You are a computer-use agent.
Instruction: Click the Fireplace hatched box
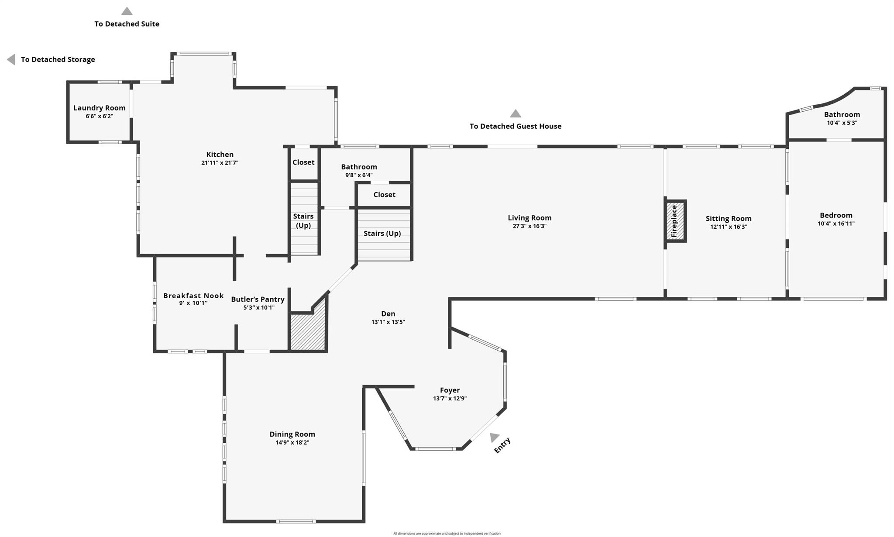[x=675, y=221]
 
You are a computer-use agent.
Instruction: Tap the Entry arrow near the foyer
[x=494, y=437]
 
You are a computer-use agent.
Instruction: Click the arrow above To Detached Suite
[x=127, y=11]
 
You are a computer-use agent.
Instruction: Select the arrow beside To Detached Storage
[x=11, y=59]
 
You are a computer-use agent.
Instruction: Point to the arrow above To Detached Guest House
[x=516, y=114]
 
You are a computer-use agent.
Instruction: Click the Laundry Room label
[x=100, y=108]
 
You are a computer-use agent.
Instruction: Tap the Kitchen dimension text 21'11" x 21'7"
[x=220, y=163]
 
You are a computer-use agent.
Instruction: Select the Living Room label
[x=530, y=218]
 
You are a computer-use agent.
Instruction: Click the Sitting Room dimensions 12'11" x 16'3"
[x=728, y=227]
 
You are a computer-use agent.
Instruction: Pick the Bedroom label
[x=836, y=215]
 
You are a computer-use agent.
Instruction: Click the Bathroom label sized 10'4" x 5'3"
[x=842, y=115]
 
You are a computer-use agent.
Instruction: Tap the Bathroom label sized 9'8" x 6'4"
[x=359, y=167]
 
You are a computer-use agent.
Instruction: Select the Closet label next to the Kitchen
[x=303, y=162]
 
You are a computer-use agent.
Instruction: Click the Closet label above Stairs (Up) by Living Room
[x=384, y=195]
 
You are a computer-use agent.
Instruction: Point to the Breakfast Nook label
[x=193, y=296]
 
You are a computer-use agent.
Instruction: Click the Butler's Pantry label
[x=258, y=299]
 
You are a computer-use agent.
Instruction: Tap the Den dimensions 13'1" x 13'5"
[x=388, y=322]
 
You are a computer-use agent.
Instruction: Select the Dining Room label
[x=292, y=434]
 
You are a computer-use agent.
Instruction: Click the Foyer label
[x=450, y=390]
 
